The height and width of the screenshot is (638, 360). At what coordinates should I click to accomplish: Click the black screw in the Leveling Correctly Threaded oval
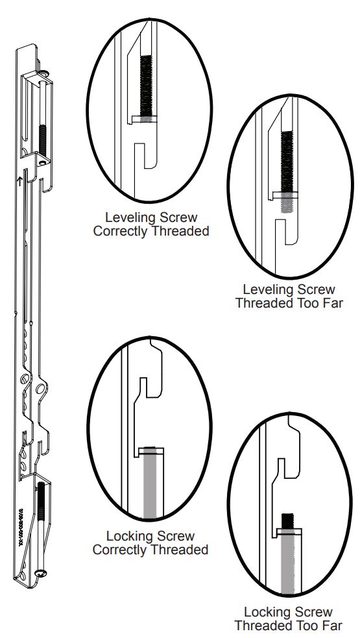click(147, 85)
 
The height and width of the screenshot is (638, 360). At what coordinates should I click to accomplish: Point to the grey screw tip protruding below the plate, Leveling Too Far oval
click(287, 204)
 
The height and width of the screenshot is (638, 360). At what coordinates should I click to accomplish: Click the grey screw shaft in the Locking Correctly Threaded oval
click(150, 487)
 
